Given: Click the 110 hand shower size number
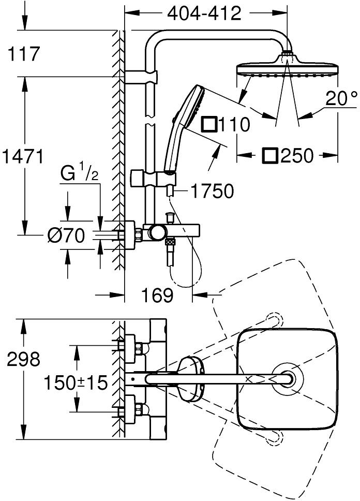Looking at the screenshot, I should click(235, 125).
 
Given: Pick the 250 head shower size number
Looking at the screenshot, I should click(297, 155).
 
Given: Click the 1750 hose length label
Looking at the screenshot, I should click(212, 191).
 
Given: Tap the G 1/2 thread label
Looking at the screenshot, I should click(78, 174).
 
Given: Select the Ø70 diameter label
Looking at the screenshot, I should click(66, 235).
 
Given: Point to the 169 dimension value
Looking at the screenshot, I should click(158, 296).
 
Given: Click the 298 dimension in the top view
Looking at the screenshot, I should click(23, 359).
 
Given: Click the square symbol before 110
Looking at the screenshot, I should click(209, 125).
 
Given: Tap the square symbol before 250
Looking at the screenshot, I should click(271, 155).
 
